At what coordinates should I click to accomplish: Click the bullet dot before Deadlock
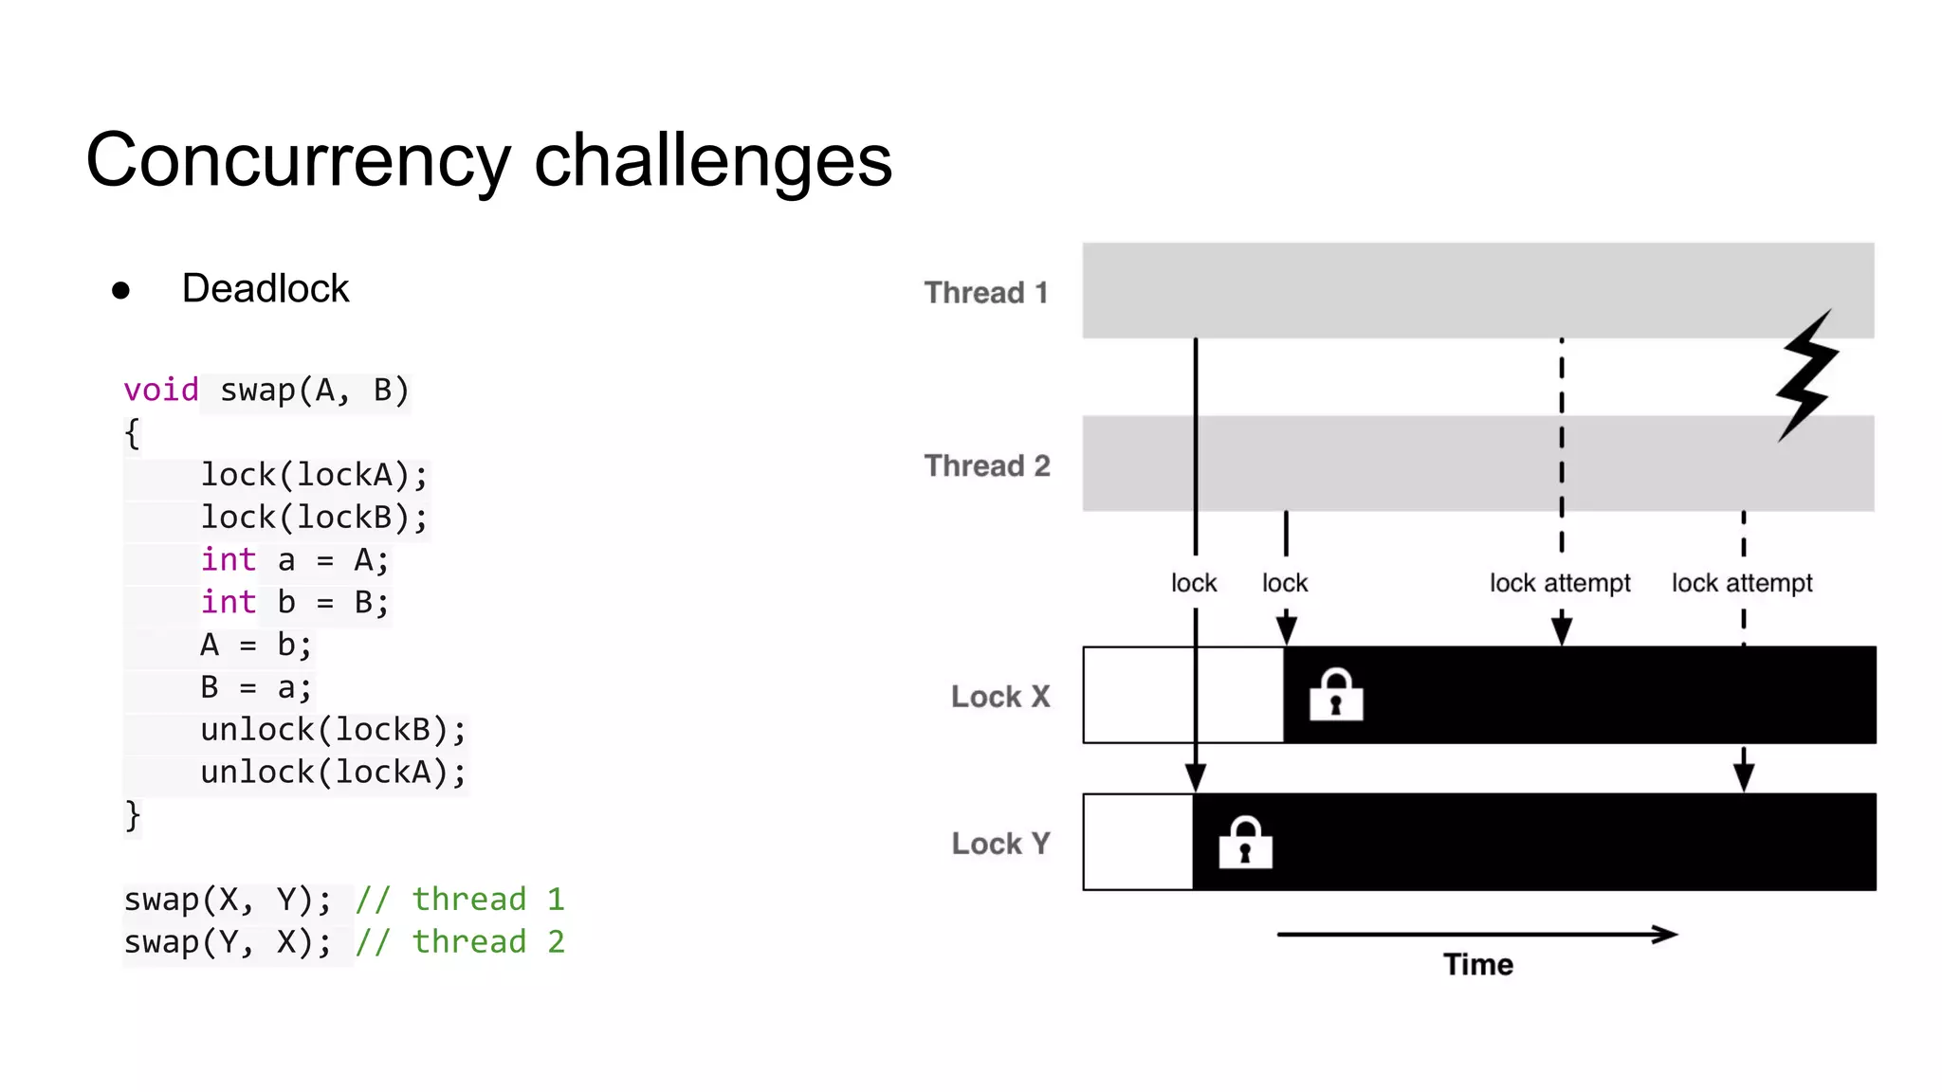click(120, 290)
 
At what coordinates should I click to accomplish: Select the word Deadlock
click(265, 288)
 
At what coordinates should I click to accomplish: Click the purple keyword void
click(160, 390)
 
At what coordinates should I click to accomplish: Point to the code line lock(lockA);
click(314, 475)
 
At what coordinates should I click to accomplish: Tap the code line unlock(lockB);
click(333, 730)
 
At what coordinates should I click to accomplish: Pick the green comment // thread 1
click(460, 899)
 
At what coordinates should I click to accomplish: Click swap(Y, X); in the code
click(228, 942)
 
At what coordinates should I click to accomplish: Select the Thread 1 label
click(986, 292)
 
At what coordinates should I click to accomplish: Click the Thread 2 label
click(986, 465)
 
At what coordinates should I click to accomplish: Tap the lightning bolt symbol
click(1807, 375)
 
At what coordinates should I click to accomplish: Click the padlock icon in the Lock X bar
click(1336, 695)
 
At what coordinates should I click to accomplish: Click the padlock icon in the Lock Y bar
click(1245, 842)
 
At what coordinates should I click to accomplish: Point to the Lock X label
click(1000, 697)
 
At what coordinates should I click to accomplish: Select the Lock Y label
click(1000, 844)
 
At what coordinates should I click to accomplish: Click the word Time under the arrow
click(1477, 965)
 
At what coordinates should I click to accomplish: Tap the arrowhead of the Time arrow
click(1666, 935)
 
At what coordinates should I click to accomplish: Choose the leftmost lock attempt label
click(1560, 583)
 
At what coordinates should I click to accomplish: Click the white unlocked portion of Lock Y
click(1137, 842)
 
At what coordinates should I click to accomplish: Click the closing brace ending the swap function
click(133, 815)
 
